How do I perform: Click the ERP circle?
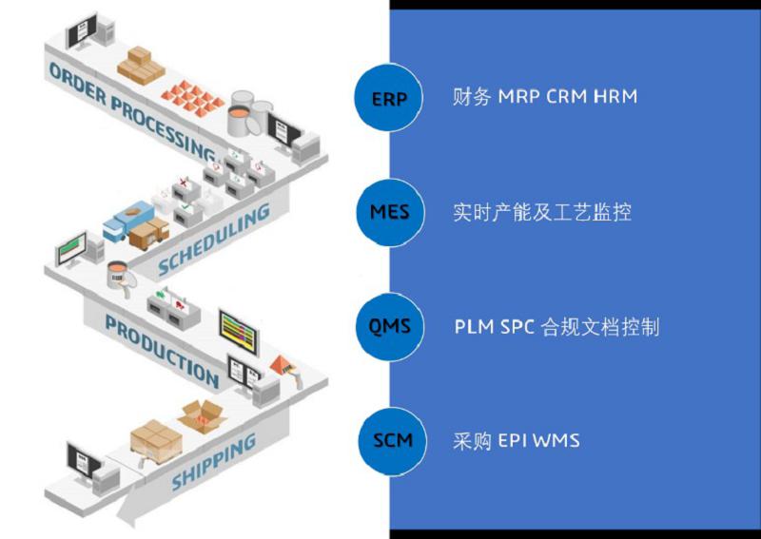click(x=388, y=96)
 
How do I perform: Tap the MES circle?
click(x=388, y=211)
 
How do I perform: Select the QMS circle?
click(x=388, y=327)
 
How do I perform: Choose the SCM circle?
click(x=388, y=441)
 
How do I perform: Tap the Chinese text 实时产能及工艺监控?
click(x=542, y=212)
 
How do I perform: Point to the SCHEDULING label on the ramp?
click(x=213, y=241)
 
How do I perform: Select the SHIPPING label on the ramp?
click(x=214, y=461)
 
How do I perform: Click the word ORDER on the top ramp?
click(x=76, y=83)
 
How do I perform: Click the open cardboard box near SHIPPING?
click(x=202, y=415)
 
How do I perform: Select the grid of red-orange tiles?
click(x=190, y=93)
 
